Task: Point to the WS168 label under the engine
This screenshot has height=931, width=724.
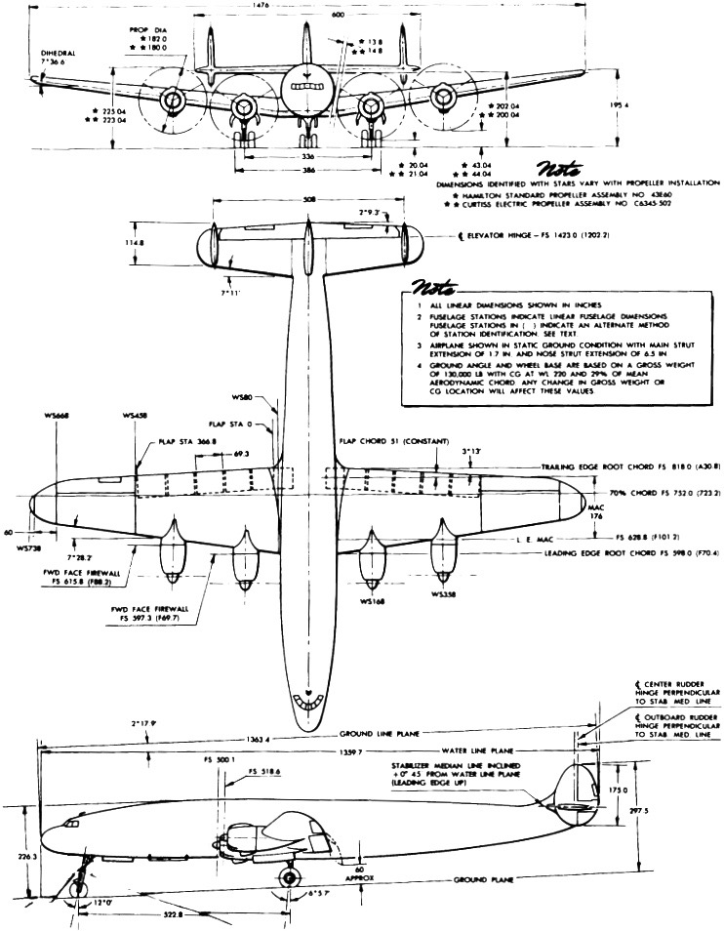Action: click(x=371, y=602)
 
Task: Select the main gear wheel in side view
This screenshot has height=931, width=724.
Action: click(x=289, y=878)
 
